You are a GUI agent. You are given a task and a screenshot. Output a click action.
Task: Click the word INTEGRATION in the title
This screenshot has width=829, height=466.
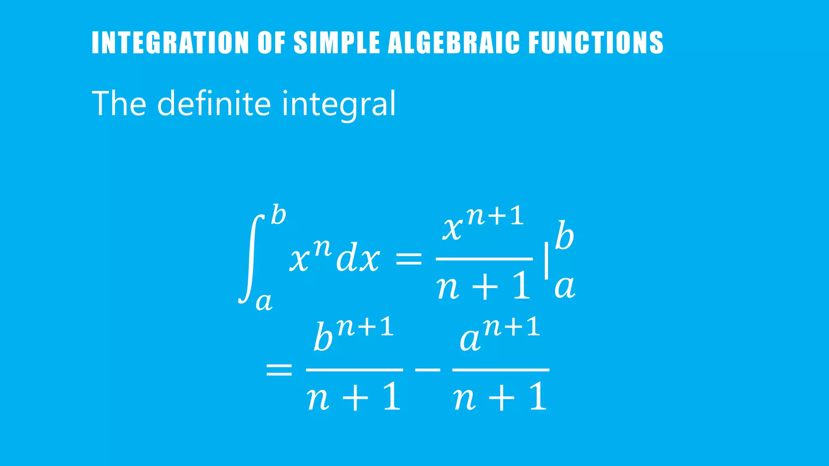(170, 42)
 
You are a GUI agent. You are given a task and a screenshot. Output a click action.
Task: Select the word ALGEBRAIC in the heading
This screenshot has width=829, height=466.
(454, 42)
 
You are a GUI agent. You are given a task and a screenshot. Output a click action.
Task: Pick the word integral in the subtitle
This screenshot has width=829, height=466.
(338, 104)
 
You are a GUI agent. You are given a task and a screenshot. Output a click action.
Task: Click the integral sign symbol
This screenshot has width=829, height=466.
(251, 259)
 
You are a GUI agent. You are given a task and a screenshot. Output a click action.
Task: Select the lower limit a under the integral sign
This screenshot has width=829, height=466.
(264, 301)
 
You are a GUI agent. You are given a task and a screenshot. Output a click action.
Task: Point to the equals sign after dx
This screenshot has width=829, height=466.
(408, 259)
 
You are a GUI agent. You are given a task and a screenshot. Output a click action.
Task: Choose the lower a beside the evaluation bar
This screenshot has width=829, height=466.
(565, 287)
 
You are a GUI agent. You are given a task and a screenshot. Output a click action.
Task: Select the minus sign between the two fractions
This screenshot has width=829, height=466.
(427, 369)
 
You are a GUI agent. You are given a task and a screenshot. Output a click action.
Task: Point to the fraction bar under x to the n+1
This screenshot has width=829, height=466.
(484, 258)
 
